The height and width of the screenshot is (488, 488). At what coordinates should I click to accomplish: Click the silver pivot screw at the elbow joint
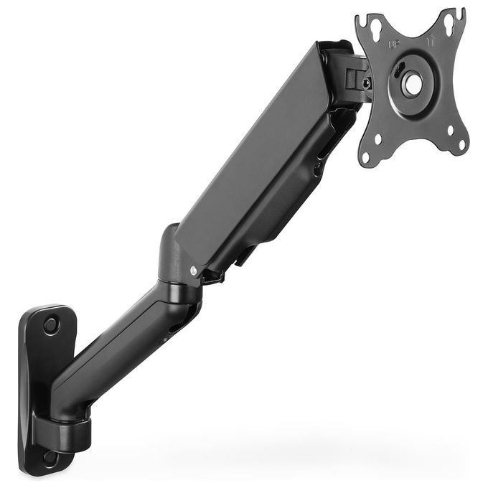click(194, 270)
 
